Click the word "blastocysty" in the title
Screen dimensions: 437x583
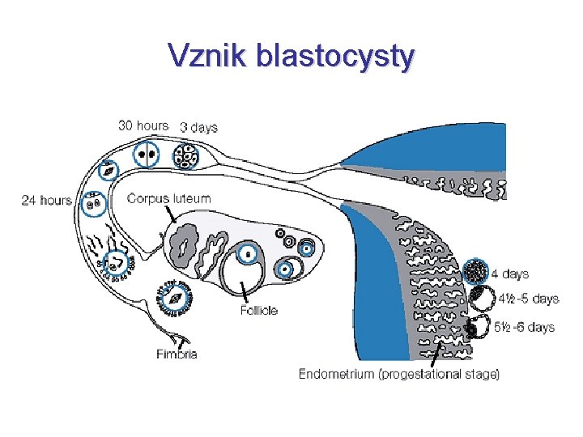click(334, 57)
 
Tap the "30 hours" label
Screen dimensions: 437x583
click(143, 125)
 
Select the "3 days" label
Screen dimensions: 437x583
click(198, 127)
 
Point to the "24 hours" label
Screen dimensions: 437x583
click(47, 200)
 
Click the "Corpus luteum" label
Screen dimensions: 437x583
click(169, 198)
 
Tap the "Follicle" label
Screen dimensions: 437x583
click(258, 310)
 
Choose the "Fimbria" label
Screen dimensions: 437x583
click(177, 354)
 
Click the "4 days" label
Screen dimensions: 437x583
click(516, 274)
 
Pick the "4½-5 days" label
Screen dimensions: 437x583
click(528, 299)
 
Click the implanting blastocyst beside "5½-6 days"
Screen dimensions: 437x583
click(479, 327)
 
